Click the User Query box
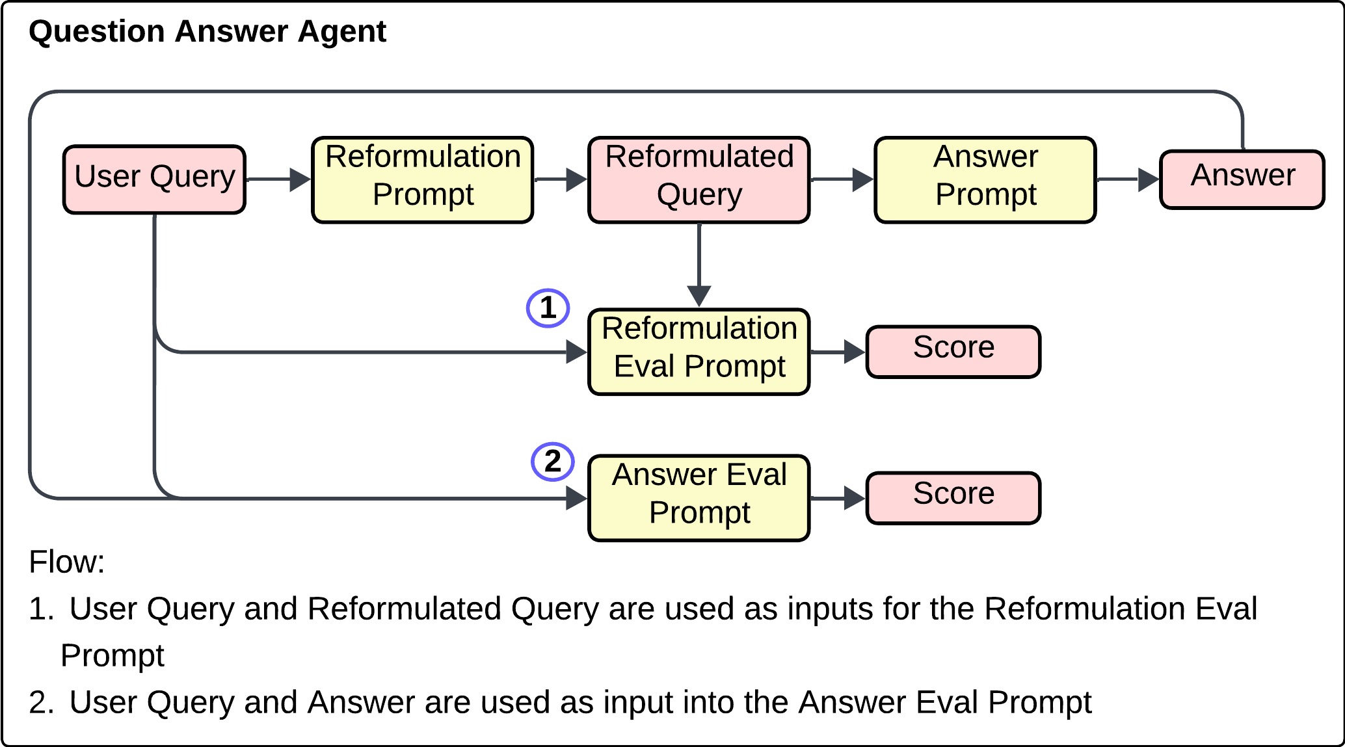coord(154,179)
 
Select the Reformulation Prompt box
coord(423,180)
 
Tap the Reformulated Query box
coord(699,180)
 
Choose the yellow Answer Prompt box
coord(985,180)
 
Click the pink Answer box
coord(1242,179)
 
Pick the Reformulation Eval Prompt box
coord(699,352)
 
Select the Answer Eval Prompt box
coord(699,498)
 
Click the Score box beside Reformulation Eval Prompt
coord(953,352)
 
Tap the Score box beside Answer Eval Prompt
coord(953,498)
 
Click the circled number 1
coord(548,308)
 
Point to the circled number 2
coord(553,462)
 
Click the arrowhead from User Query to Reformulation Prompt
coord(300,179)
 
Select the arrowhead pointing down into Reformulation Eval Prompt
coord(699,296)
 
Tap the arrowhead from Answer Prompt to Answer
coord(1148,179)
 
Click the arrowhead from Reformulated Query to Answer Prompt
coord(862,179)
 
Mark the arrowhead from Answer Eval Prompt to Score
coord(854,498)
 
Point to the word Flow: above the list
coord(66,562)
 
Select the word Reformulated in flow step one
coord(404,609)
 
